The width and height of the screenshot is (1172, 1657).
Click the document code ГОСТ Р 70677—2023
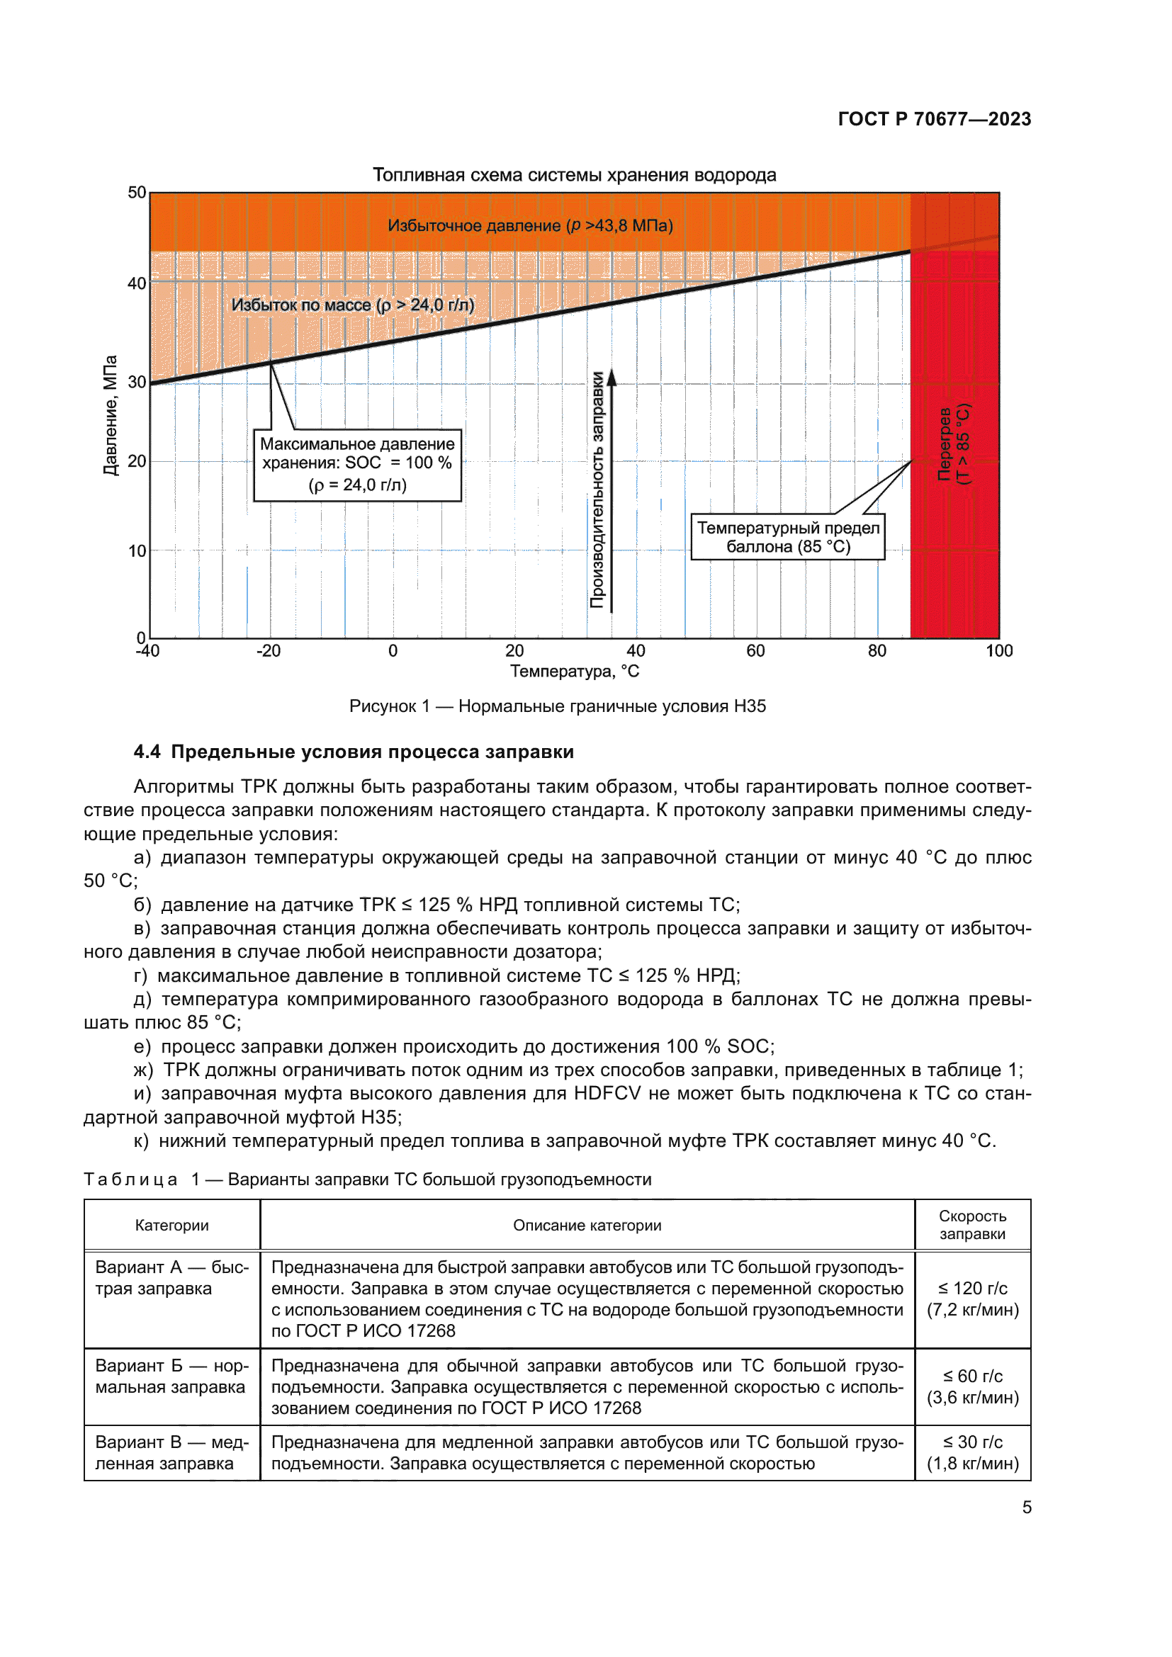coord(934,119)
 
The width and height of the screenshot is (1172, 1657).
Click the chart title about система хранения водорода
coord(574,176)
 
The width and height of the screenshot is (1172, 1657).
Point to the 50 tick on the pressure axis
coord(136,193)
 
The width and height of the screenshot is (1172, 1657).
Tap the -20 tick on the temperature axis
coord(269,651)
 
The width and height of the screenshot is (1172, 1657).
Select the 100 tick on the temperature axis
coord(999,651)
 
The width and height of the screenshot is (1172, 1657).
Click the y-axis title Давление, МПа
coord(110,415)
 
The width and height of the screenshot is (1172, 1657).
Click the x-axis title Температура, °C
coord(575,672)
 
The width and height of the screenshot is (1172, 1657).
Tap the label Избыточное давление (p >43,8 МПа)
coord(530,226)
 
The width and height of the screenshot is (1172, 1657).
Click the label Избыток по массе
coord(352,305)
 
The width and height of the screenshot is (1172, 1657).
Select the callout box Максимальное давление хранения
coord(357,465)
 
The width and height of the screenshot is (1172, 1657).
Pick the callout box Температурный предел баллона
coord(787,538)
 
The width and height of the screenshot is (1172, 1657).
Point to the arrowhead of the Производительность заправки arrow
coord(612,377)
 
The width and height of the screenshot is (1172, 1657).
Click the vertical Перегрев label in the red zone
coord(953,444)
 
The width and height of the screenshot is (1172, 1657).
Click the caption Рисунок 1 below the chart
coord(557,706)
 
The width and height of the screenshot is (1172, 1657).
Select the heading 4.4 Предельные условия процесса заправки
coord(354,752)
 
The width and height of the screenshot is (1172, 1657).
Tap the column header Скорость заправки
coord(972,1225)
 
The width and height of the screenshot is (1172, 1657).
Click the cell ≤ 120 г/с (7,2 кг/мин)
coord(972,1299)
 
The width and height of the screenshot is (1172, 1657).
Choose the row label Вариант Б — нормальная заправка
coord(171,1376)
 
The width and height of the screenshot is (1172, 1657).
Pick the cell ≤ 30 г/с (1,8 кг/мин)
coord(972,1453)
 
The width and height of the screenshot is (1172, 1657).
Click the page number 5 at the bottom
coord(1026,1508)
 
